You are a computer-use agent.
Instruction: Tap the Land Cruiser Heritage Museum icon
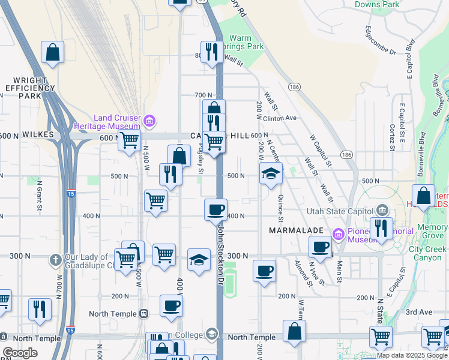149,122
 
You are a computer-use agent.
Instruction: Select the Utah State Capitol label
340,211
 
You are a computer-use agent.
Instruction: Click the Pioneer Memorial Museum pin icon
339,233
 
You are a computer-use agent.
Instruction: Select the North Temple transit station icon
143,313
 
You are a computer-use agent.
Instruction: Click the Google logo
20,353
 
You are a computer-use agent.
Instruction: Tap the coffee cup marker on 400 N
215,210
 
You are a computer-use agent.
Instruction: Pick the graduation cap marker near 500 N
271,174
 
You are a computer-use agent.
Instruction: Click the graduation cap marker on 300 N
199,260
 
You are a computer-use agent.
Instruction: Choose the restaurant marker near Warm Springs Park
211,52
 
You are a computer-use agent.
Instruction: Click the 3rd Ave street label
419,312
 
